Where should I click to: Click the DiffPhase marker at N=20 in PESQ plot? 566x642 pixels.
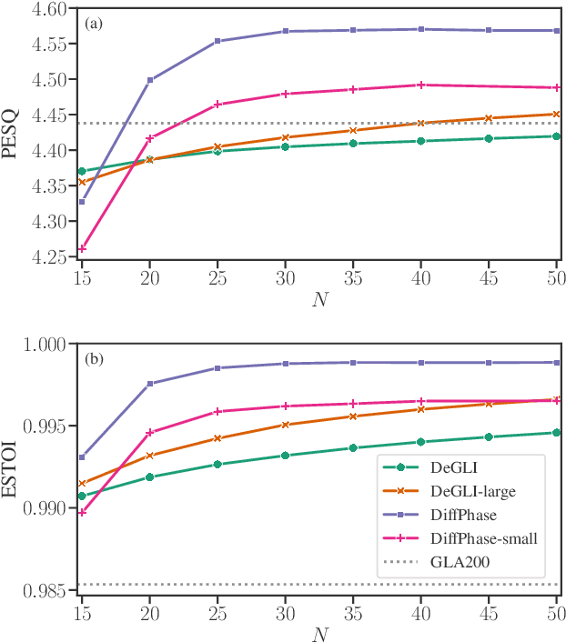(149, 80)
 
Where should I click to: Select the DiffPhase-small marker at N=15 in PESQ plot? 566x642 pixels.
(82, 248)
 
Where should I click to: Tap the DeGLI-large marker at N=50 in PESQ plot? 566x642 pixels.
(556, 115)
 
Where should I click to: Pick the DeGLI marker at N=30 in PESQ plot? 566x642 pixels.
(285, 146)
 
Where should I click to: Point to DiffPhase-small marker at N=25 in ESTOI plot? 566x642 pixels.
(217, 412)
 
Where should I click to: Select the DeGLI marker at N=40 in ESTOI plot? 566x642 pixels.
(420, 442)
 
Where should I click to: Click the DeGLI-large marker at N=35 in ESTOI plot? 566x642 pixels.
(353, 416)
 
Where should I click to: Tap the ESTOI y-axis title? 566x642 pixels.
(11, 467)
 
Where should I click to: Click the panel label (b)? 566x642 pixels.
(95, 358)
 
